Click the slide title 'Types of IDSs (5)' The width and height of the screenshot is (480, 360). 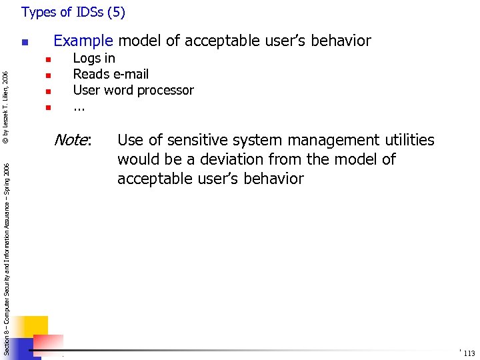(x=73, y=12)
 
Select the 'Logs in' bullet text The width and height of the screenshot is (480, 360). (x=94, y=58)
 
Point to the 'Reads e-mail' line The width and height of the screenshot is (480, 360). (x=111, y=74)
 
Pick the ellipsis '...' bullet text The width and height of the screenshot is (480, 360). (x=79, y=106)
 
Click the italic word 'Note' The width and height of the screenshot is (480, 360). (x=71, y=140)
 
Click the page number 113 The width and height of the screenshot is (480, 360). (x=469, y=353)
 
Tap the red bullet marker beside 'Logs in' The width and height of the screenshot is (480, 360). (x=48, y=59)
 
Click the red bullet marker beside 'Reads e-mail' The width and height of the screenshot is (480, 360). (x=48, y=75)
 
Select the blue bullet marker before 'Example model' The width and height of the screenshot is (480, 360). (x=25, y=43)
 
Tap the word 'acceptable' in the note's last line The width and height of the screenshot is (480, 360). (x=151, y=179)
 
